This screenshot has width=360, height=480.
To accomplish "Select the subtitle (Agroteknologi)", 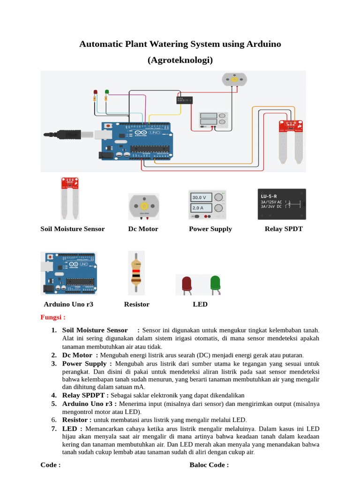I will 180,60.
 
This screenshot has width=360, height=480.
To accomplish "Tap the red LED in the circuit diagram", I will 95,93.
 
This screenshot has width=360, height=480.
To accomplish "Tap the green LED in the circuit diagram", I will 107,92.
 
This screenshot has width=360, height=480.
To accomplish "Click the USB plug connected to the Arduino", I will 70,135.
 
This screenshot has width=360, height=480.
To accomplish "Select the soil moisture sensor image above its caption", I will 69,198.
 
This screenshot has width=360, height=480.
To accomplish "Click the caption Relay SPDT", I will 284,229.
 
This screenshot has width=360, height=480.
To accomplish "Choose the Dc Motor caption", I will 143,229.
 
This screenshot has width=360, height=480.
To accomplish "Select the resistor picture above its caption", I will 136,273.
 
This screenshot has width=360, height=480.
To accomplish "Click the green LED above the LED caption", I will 215,284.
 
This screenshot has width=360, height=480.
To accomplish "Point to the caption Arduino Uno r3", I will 68,304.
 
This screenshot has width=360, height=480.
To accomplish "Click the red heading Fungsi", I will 52,317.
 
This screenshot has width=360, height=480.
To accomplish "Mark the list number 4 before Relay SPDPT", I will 54,395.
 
